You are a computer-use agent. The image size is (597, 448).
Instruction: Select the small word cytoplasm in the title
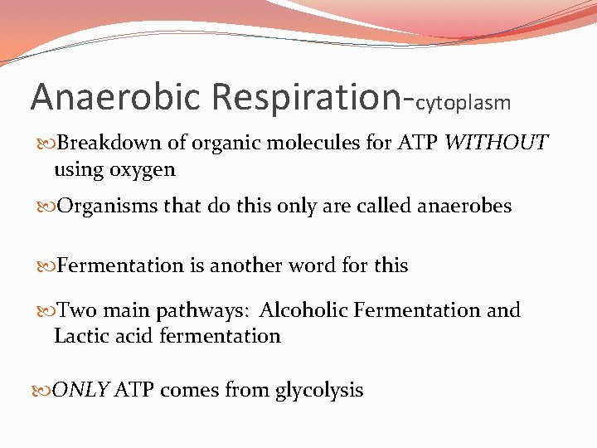(x=463, y=103)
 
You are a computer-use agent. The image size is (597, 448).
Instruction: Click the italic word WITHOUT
(x=496, y=143)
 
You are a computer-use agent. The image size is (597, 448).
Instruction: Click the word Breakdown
(x=109, y=143)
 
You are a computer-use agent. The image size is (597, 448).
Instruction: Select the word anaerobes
(x=462, y=206)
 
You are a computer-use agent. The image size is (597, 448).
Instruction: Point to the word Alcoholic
(x=303, y=310)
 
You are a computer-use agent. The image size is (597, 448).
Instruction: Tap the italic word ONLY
(x=81, y=390)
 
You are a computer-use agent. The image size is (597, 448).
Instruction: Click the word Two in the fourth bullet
(x=76, y=310)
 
